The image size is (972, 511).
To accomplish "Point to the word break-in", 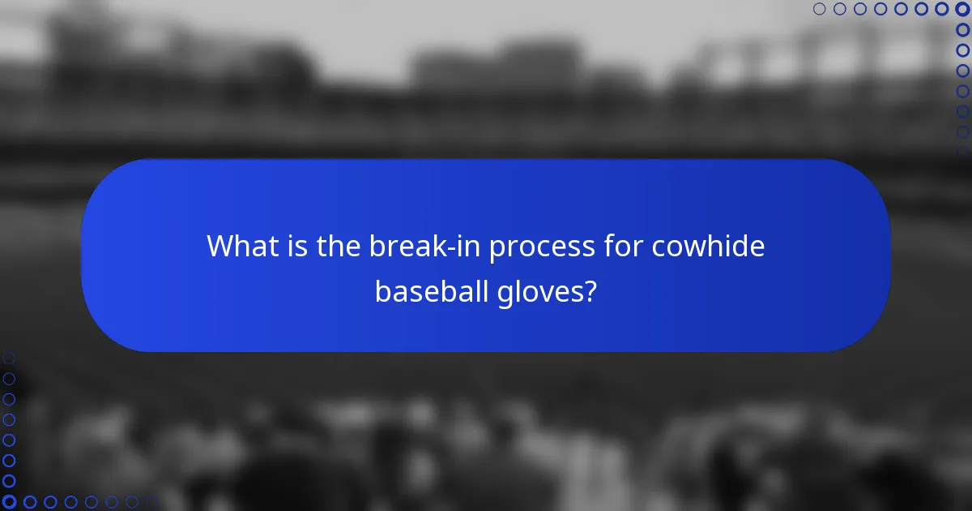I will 421,246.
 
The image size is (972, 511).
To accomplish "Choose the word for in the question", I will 622,246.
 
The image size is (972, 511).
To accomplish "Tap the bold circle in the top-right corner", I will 962,9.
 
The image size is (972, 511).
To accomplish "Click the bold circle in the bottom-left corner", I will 9,502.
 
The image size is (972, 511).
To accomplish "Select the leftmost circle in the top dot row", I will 819,9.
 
